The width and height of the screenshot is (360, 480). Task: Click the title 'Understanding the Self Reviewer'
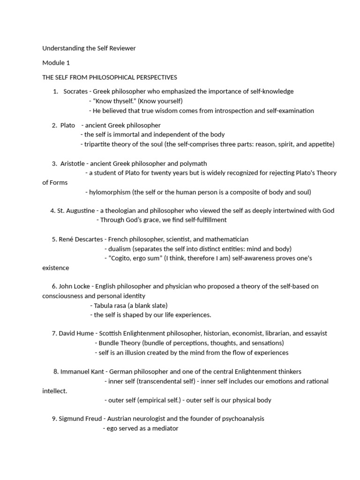point(89,48)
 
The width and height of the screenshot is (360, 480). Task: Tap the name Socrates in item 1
point(75,91)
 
